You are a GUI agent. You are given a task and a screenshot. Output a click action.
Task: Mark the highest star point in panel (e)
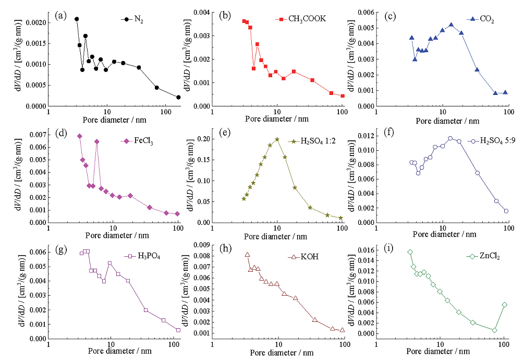point(277,139)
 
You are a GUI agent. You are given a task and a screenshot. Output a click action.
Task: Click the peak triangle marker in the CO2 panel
point(451,25)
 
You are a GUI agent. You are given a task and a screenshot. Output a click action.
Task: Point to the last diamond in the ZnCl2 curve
point(505,305)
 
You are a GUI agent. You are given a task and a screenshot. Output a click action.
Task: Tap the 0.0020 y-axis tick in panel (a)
point(35,23)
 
